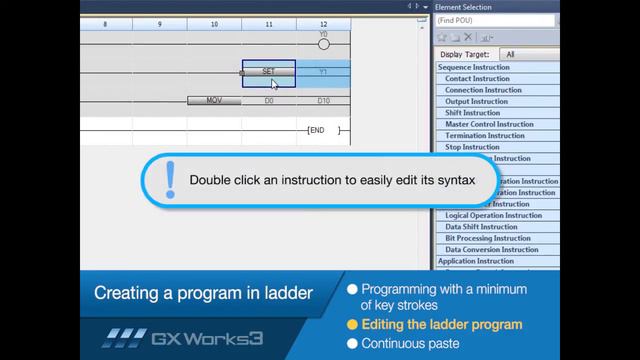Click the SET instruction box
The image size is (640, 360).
(268, 72)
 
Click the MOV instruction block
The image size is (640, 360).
(214, 101)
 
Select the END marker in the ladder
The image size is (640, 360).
(317, 131)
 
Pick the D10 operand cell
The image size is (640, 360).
(323, 101)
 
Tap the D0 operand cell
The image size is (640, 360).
(269, 101)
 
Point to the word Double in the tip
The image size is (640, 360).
(211, 181)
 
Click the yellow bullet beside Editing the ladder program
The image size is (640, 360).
(352, 325)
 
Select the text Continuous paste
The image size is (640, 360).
(411, 343)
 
